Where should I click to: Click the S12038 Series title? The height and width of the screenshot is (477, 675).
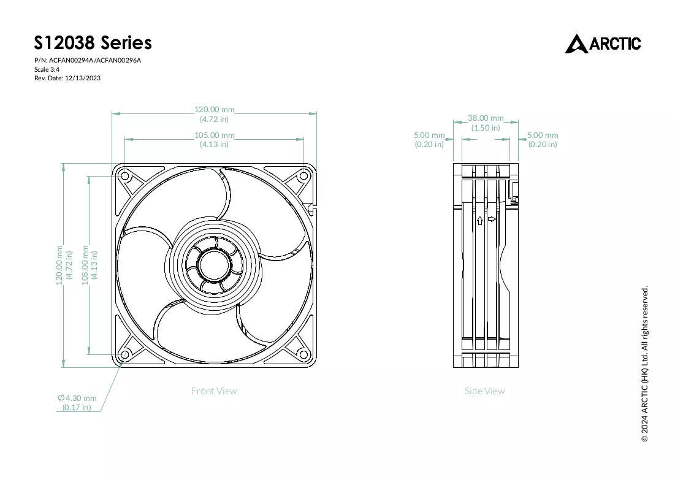93,43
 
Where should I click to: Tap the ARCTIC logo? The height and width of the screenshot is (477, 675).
603,44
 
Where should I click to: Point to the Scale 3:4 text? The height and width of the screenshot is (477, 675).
47,69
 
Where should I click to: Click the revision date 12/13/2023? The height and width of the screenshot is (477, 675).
83,78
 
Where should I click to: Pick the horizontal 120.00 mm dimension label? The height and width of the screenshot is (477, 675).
215,114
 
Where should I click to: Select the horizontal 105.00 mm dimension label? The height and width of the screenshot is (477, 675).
215,140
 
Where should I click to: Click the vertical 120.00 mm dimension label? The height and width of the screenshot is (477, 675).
64,265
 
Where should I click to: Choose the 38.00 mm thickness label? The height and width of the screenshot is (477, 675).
486,123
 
